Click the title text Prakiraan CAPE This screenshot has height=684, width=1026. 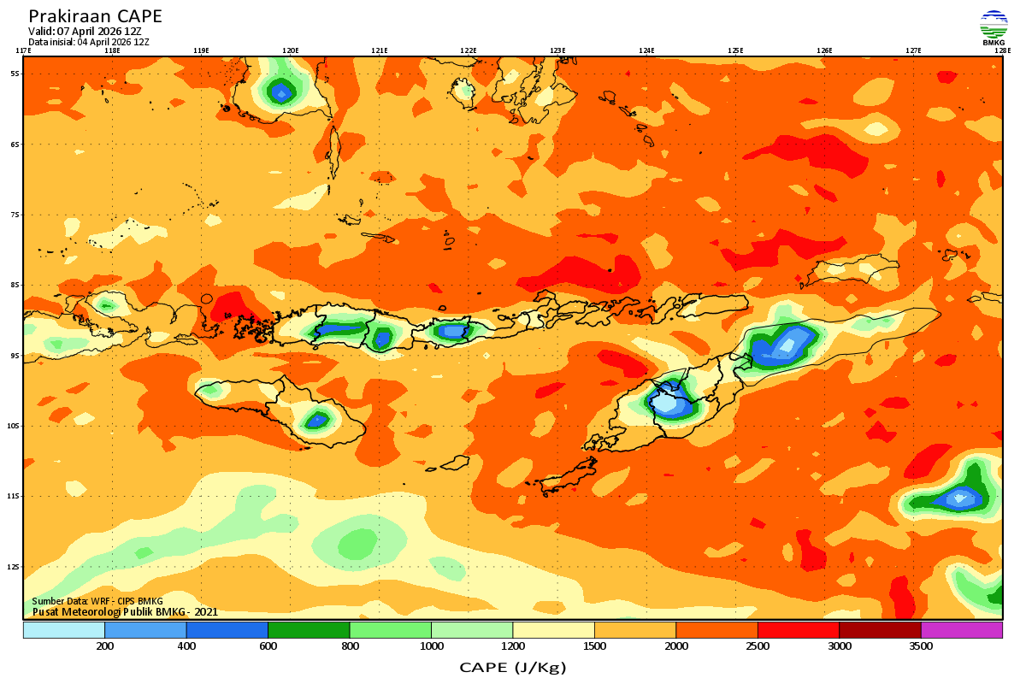click(95, 16)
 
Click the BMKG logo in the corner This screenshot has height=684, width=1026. click(994, 27)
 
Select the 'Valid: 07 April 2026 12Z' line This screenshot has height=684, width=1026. click(85, 31)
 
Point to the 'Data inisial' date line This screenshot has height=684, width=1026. click(89, 41)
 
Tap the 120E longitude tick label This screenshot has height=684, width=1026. click(291, 50)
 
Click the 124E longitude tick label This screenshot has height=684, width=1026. click(646, 50)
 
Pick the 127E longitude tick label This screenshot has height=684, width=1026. click(913, 50)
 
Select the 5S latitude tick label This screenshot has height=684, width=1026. click(15, 74)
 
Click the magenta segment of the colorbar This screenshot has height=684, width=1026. click(961, 630)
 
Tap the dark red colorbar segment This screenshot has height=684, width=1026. click(880, 630)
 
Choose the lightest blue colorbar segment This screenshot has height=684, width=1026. click(64, 630)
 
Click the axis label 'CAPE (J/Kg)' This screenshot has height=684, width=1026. click(512, 667)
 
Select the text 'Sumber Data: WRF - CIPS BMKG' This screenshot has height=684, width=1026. click(97, 602)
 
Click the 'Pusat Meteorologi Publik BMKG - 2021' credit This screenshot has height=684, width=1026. click(126, 611)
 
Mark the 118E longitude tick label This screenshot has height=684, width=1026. click(112, 50)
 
